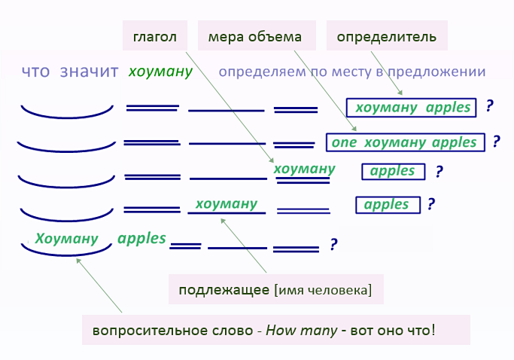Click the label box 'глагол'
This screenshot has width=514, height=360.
click(155, 36)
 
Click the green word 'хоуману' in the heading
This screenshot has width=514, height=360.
click(160, 72)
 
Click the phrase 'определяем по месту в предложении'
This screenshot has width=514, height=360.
click(352, 72)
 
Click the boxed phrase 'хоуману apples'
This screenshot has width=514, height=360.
click(412, 107)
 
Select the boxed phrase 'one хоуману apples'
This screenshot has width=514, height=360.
click(404, 142)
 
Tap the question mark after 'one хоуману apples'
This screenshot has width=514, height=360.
click(496, 141)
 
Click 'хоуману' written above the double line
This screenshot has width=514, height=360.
click(304, 169)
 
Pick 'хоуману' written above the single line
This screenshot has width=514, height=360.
click(226, 203)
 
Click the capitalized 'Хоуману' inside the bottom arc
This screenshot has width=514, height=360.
click(66, 239)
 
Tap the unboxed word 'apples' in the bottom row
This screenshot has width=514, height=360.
click(141, 238)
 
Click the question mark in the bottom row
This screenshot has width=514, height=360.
click(333, 244)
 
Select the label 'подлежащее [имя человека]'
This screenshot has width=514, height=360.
click(275, 289)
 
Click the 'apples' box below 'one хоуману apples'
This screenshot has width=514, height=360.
click(393, 171)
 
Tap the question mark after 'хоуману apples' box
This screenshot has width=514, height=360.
click(489, 105)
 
